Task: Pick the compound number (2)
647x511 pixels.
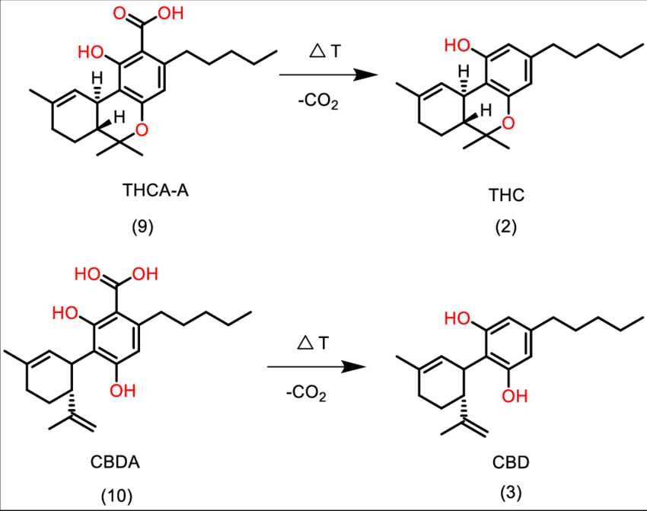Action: (503, 228)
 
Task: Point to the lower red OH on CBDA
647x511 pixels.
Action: (120, 391)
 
